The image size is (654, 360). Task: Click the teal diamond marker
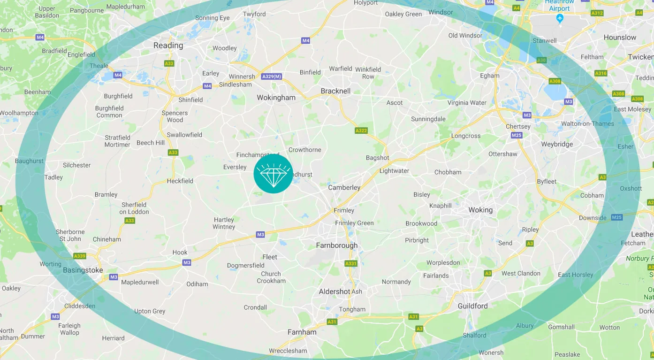[x=273, y=174]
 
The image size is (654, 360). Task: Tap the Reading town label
[x=168, y=46]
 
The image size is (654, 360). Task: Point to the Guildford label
[x=472, y=306]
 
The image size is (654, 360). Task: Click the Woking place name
[x=480, y=210]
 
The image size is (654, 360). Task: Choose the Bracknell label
[x=335, y=91]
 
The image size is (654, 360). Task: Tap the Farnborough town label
[x=336, y=245]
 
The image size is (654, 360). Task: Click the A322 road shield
[x=361, y=130]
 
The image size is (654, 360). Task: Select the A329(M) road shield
[x=272, y=77]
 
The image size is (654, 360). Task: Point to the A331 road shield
[x=351, y=264]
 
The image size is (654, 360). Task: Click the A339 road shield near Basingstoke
[x=80, y=256]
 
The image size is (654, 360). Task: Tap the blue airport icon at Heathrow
[x=559, y=18]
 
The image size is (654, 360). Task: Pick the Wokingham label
[x=276, y=98]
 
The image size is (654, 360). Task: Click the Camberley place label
[x=344, y=187]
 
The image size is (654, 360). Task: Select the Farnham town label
[x=302, y=332]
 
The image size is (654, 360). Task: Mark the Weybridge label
[x=557, y=144]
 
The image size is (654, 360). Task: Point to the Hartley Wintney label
[x=224, y=223]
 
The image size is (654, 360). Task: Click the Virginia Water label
[x=467, y=102]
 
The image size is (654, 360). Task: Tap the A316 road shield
[x=601, y=73]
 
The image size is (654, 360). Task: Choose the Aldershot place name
[x=335, y=291]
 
